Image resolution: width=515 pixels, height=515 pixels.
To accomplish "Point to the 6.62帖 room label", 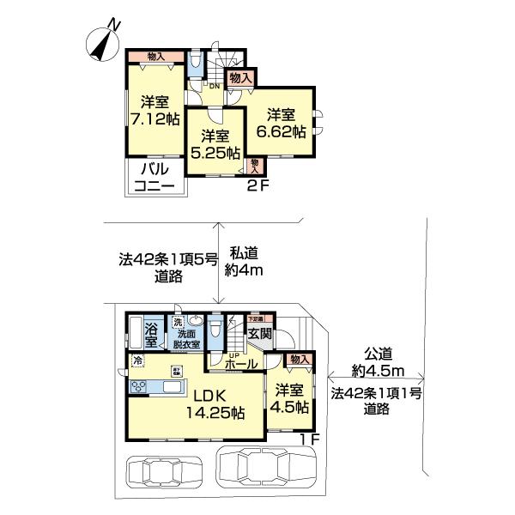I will tap(281, 123).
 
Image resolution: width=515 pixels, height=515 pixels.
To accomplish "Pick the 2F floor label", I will tap(257, 184).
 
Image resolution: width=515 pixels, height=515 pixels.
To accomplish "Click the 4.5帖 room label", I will tap(290, 399).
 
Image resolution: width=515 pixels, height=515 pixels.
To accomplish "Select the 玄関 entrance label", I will tap(260, 334).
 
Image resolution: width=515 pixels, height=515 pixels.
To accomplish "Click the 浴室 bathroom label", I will tap(152, 334).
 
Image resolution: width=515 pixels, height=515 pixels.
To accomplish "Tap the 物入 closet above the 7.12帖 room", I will tap(156, 57).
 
